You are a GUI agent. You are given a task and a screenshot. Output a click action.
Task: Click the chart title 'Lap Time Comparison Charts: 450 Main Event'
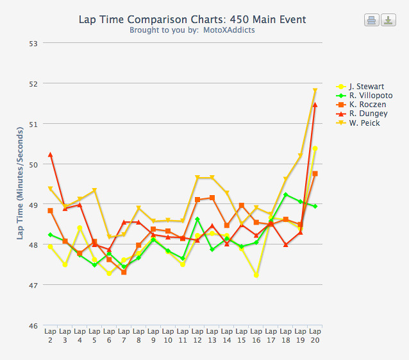pyautogui.click(x=192, y=19)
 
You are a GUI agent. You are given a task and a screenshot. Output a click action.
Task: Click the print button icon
pyautogui.click(x=372, y=21)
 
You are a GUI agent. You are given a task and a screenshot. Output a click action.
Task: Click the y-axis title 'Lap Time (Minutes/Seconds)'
pyautogui.click(x=21, y=184)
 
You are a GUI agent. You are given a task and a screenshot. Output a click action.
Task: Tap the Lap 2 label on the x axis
pyautogui.click(x=50, y=336)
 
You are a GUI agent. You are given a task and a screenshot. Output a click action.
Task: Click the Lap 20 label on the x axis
pyautogui.click(x=315, y=336)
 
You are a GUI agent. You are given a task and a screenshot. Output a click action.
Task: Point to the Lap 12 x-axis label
pyautogui.click(x=197, y=336)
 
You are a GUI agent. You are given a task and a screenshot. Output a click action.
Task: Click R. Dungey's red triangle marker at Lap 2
pyautogui.click(x=50, y=155)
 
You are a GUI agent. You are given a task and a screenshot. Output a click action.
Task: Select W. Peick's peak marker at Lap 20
pyautogui.click(x=315, y=90)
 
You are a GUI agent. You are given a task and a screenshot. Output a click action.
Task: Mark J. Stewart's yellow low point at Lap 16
pyautogui.click(x=256, y=275)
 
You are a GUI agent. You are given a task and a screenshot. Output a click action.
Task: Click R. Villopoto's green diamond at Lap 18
pyautogui.click(x=286, y=194)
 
